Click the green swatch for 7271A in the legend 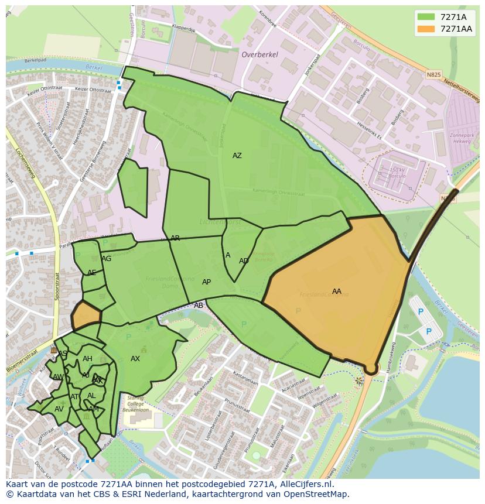pyautogui.click(x=426, y=16)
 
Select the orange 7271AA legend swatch pyautogui.click(x=426, y=29)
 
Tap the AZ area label pyautogui.click(x=237, y=156)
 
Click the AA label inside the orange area pyautogui.click(x=337, y=291)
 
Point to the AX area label pyautogui.click(x=135, y=359)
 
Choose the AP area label pyautogui.click(x=206, y=282)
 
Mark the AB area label pyautogui.click(x=199, y=306)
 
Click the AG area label pyautogui.click(x=106, y=259)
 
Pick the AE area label pyautogui.click(x=91, y=273)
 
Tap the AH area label pyautogui.click(x=87, y=359)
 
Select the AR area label pyautogui.click(x=175, y=238)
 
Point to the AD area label pyautogui.click(x=244, y=261)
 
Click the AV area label pyautogui.click(x=59, y=409)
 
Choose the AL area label pyautogui.click(x=91, y=396)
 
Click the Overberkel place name pyautogui.click(x=259, y=54)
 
